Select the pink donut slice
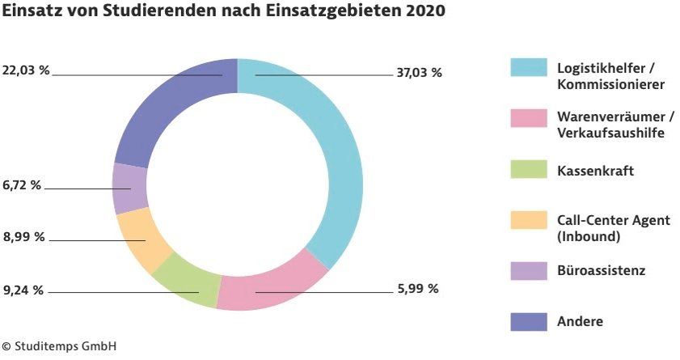(x=275, y=287)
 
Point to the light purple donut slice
(x=129, y=188)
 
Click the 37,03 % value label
(x=419, y=73)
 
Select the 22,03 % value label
(x=26, y=71)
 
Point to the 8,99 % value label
(x=23, y=237)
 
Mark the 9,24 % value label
(x=23, y=289)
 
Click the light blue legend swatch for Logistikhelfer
(x=525, y=68)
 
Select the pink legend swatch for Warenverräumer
(x=525, y=118)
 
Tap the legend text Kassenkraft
(x=596, y=171)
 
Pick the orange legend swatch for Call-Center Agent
(x=525, y=220)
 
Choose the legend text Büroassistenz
(x=601, y=270)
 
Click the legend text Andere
(x=580, y=321)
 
